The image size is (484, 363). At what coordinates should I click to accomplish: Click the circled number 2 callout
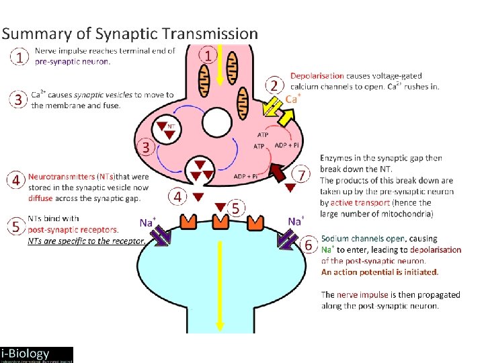(x=274, y=85)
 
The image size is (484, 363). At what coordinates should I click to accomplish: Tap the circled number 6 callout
(x=309, y=245)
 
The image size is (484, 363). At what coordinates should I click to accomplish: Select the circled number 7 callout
(x=302, y=175)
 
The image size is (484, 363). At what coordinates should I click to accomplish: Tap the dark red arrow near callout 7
(x=277, y=173)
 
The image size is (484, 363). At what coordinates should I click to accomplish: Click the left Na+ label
(x=148, y=222)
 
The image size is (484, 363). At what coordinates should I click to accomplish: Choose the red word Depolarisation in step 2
(x=317, y=76)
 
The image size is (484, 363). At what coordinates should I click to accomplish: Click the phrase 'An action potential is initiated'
(x=379, y=272)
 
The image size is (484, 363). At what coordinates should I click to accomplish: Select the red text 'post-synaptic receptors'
(x=73, y=229)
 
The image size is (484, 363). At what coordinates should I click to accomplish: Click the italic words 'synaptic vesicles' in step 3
(x=102, y=95)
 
